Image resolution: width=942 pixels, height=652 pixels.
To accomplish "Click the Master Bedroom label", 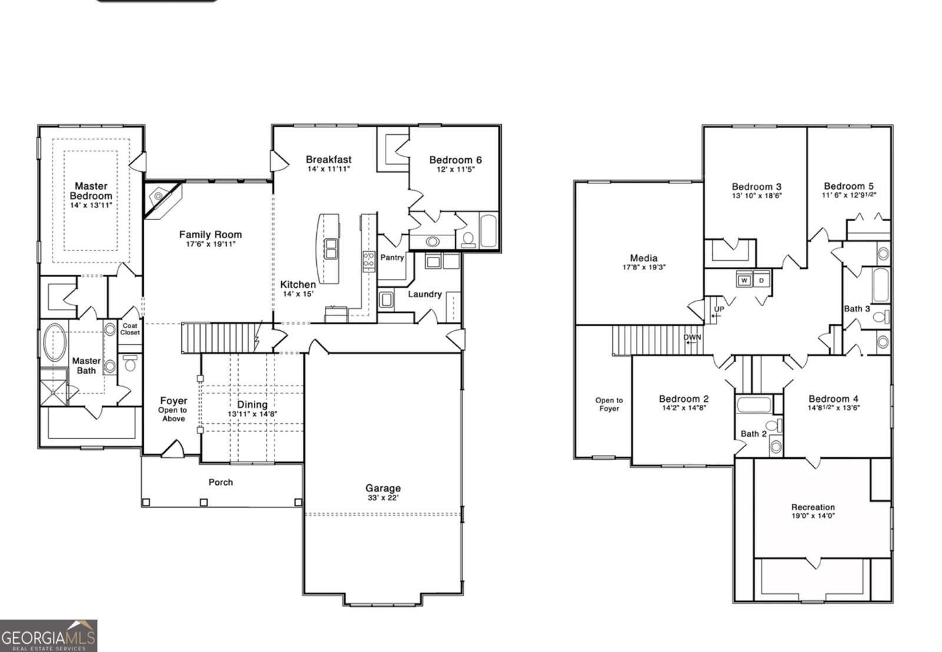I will tap(91, 191).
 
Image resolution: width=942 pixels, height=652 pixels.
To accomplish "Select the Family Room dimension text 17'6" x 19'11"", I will tap(210, 244).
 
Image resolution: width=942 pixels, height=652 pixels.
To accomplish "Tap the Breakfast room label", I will tap(329, 159).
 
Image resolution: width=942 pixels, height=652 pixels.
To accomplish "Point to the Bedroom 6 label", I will tap(455, 160).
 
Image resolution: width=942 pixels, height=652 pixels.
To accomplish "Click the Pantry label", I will tap(392, 258).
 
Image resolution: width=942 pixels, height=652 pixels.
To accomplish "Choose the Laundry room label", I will tap(424, 294).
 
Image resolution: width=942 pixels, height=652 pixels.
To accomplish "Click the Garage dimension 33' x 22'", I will tap(383, 498).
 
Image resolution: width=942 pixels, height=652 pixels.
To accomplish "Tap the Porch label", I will tap(221, 483).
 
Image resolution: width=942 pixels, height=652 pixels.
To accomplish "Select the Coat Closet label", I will tap(130, 329).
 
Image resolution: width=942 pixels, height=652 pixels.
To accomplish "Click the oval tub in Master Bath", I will tap(55, 342).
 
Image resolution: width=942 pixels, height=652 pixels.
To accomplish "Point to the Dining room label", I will tap(252, 405).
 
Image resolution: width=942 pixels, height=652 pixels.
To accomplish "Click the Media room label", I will tap(644, 258).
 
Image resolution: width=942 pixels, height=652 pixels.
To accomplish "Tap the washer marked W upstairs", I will tap(744, 280).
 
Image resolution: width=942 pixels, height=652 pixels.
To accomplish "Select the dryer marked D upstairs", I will tap(761, 280).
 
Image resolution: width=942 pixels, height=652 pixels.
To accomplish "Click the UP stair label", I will tap(719, 309).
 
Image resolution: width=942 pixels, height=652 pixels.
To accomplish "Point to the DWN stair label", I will tap(692, 338).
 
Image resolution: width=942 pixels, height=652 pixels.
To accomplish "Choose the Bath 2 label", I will tap(754, 434).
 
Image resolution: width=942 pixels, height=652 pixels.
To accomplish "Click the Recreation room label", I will tap(812, 507).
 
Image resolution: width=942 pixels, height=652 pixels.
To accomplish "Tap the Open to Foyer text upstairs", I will tap(609, 404).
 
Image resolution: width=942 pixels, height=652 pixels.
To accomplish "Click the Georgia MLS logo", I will tap(48, 636).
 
